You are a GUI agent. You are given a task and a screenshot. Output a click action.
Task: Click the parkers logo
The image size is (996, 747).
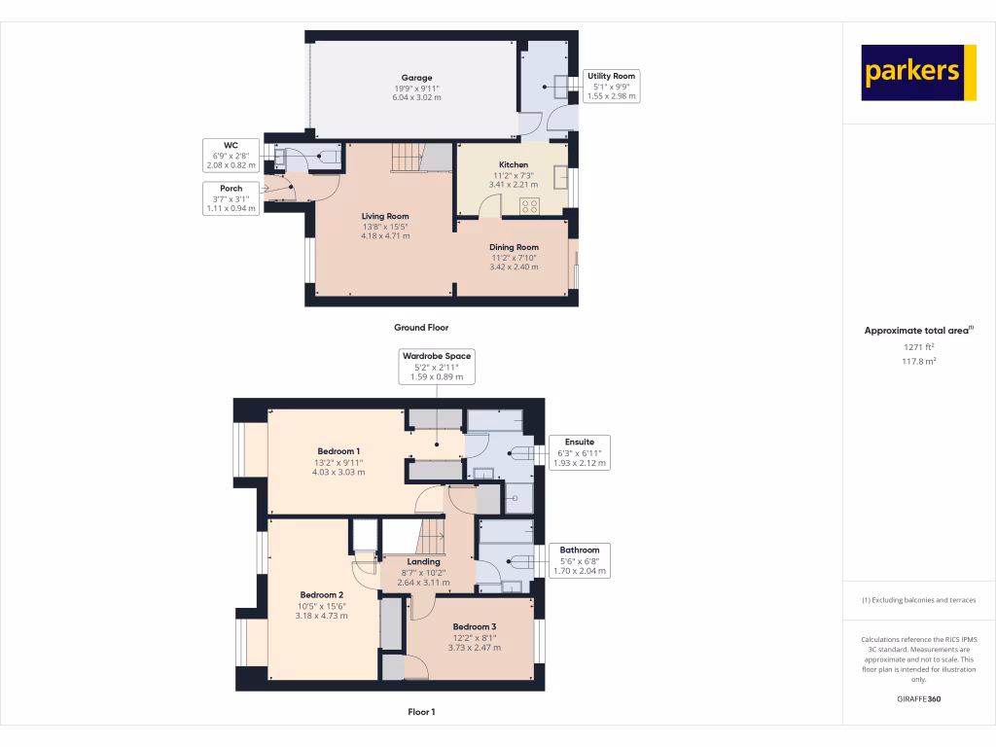(918, 72)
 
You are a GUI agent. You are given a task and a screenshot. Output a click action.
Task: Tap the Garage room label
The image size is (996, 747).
(416, 88)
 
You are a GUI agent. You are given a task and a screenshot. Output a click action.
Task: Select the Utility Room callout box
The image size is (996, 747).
(611, 87)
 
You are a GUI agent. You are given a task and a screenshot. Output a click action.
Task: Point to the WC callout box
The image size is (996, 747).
(231, 155)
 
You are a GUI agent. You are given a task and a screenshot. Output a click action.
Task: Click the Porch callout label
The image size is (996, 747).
(231, 197)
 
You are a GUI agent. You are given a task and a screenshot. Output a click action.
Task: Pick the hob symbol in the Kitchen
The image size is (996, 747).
(531, 205)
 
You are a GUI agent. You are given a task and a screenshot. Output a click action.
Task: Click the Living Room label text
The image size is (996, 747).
(385, 226)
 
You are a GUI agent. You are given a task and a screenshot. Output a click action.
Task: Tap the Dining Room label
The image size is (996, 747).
(514, 257)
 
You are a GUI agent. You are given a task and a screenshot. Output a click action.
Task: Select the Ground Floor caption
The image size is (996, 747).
(421, 328)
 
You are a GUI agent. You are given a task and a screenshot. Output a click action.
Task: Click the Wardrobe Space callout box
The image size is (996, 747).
(437, 366)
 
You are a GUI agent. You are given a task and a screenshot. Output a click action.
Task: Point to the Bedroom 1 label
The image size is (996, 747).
(338, 461)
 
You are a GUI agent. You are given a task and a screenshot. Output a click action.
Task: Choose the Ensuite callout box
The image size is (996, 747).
(580, 452)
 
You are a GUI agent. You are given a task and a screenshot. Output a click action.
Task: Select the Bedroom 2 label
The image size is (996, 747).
(322, 604)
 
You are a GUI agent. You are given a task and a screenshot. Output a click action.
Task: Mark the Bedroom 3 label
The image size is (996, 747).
(475, 637)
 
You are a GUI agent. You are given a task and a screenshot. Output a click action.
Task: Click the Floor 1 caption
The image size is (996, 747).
(421, 712)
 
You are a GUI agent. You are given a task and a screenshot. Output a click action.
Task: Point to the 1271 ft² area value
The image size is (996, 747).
(918, 346)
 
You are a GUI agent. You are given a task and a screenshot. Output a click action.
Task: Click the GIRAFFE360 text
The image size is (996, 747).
(918, 699)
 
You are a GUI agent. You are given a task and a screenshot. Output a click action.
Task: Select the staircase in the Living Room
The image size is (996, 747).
(409, 157)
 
